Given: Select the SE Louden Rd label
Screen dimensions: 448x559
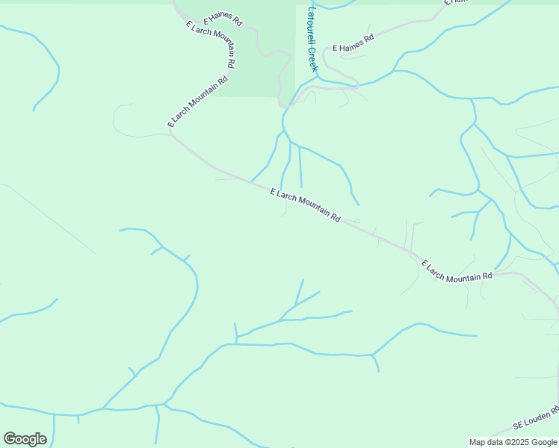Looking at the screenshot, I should tap(536, 419).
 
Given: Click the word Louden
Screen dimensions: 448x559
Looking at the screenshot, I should tap(535, 420).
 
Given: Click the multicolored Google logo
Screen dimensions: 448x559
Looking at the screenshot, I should tap(25, 439).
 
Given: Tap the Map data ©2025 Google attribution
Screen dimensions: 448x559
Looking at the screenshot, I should tap(513, 442).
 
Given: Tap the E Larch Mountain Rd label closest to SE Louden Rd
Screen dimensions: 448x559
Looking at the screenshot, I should tap(457, 271).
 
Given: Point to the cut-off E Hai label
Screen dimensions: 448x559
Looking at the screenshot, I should tap(455, 3).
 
